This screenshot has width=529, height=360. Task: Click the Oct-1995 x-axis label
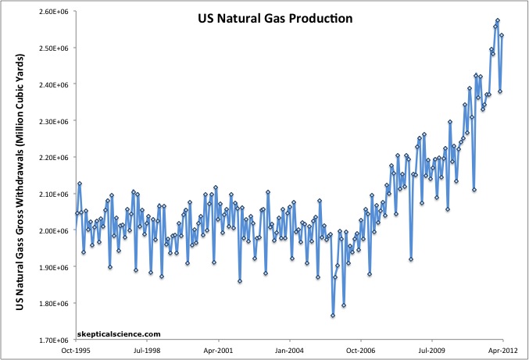click(76, 351)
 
